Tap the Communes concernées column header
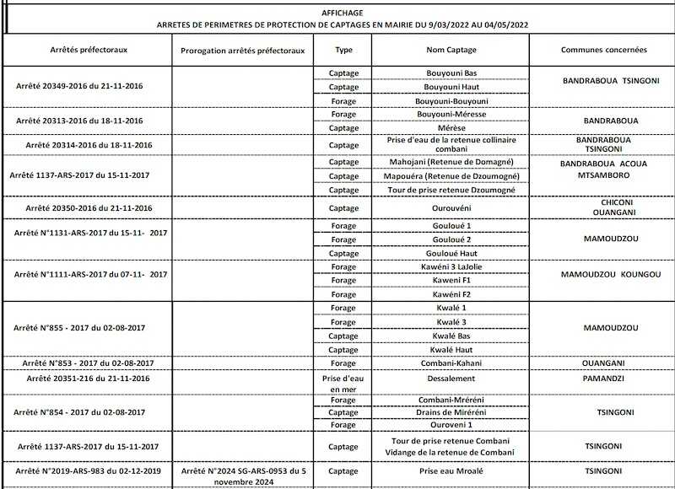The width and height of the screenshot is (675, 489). click(x=604, y=50)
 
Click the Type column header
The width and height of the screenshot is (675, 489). click(x=343, y=50)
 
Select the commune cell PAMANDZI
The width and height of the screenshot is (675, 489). click(x=604, y=379)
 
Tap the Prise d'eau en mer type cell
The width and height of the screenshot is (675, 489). click(x=343, y=384)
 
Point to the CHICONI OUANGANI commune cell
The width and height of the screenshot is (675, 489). click(x=604, y=207)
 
